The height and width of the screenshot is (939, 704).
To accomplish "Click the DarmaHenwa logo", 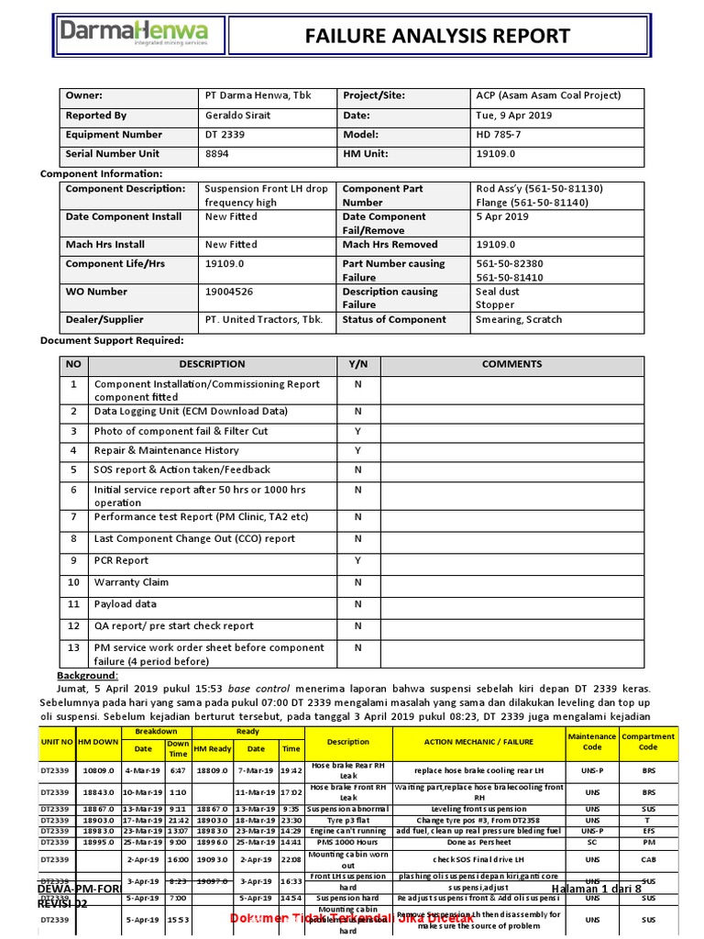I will coord(134,35).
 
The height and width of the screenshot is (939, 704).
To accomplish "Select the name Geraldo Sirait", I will coord(239,116).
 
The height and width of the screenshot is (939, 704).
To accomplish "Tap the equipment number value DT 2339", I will coord(225,134).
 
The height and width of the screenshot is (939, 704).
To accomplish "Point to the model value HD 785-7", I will coord(500,134).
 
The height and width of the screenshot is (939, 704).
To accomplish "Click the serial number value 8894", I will coord(217,153).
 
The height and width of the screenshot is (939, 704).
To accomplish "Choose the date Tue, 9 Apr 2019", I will coord(513,116).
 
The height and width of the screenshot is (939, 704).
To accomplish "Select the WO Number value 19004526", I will coord(231,292).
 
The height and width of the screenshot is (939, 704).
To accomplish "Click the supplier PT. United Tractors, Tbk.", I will coord(264,319).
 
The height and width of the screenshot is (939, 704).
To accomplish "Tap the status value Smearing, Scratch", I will coord(519,319).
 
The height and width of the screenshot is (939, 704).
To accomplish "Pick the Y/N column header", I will coord(357,364).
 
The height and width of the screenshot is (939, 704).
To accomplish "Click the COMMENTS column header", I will coord(511,364).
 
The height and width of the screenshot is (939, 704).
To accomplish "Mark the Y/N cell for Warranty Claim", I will coord(357,582).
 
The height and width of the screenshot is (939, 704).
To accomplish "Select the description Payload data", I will coord(126,604).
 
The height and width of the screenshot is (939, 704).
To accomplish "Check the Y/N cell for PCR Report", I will coord(357,560).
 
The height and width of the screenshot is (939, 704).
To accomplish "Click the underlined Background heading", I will coord(88,675).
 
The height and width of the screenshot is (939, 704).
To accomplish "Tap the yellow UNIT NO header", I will coord(56,741).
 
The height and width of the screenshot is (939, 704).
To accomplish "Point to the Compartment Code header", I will coord(648,741).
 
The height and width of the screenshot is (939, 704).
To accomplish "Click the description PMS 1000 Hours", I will coord(348,841).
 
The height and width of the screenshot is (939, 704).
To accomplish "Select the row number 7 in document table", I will coord(73,517).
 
